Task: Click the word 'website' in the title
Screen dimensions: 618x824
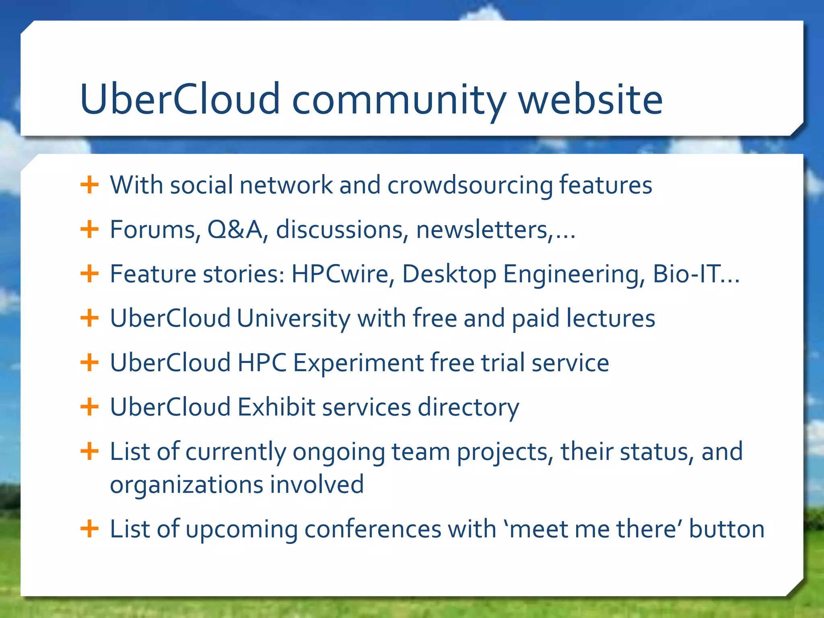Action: pyautogui.click(x=590, y=99)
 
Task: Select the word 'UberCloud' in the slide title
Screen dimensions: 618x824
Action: pyautogui.click(x=180, y=99)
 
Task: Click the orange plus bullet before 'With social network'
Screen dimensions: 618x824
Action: pyautogui.click(x=89, y=185)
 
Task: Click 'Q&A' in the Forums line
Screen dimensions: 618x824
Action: pyautogui.click(x=235, y=230)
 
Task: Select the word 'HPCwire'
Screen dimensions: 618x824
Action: pyautogui.click(x=340, y=274)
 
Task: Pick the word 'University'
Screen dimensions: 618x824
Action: pyautogui.click(x=294, y=319)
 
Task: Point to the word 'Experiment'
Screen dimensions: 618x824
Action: pyautogui.click(x=358, y=363)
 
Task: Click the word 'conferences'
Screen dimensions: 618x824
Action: pyautogui.click(x=373, y=529)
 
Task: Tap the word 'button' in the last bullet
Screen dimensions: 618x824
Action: pyautogui.click(x=726, y=529)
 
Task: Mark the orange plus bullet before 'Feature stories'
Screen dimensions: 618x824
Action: pyautogui.click(x=89, y=274)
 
